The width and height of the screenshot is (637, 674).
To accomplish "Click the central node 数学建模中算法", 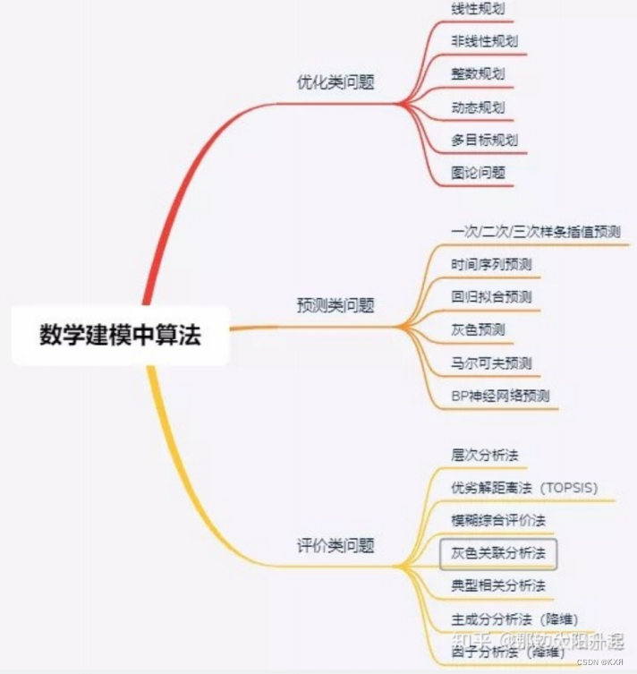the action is point(120,336).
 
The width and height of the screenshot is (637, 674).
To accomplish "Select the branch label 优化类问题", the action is point(335,82).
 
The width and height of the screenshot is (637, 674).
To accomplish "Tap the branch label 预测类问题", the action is point(335,305).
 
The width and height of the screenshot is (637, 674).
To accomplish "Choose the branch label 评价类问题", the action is point(335,544).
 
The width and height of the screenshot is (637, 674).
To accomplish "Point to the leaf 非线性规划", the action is point(484,40).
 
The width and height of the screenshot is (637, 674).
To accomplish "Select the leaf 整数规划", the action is point(478,73).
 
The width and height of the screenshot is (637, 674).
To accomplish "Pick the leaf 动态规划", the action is point(478,107).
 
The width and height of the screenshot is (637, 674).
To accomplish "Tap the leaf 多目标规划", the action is point(484,140).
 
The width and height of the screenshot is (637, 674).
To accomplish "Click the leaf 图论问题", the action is point(478,172).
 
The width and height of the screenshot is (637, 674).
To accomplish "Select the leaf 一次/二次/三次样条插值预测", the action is point(536,231).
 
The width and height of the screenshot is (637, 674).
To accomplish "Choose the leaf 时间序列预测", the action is point(491,264).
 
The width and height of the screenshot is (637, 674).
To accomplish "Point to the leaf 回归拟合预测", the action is point(491,296).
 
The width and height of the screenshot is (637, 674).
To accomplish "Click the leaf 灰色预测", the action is point(478,329).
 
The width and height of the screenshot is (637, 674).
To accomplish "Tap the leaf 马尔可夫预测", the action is point(491,363).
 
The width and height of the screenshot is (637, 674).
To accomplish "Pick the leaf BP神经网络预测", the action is point(500,396).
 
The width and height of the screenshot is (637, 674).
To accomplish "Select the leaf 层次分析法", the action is point(485,455).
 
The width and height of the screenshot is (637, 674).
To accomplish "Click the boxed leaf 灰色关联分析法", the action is point(498,553).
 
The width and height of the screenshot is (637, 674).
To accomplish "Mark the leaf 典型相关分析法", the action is point(498,586).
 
